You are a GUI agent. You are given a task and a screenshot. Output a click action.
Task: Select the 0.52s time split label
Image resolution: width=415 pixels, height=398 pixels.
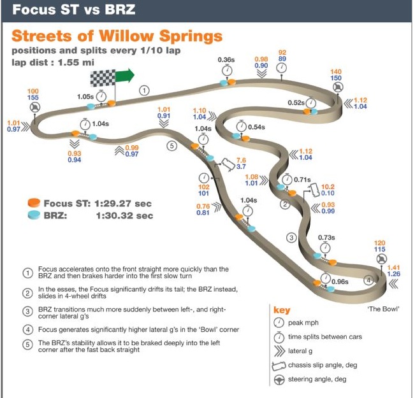click(296, 103)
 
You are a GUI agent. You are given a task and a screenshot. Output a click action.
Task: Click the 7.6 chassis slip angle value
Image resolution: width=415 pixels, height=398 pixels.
click(241, 160)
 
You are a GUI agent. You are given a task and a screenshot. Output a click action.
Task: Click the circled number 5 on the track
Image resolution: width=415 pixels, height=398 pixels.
click(171, 145)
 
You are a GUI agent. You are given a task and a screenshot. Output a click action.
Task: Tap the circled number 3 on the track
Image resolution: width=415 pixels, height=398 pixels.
click(291, 238)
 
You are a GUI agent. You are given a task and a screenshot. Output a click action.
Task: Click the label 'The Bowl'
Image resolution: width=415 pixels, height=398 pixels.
click(383, 308)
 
